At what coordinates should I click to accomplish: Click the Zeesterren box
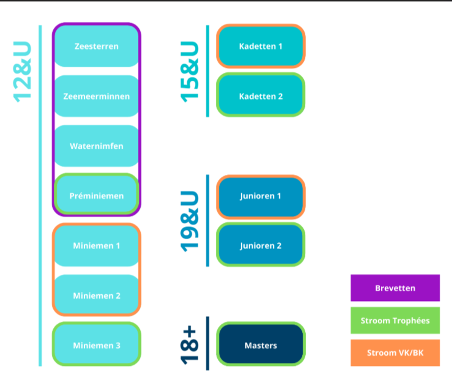tap(97, 46)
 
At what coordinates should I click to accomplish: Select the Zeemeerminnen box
tap(97, 96)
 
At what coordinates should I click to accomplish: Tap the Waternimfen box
tap(97, 146)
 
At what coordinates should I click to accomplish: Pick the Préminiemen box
tap(97, 196)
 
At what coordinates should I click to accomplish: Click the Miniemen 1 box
tap(97, 246)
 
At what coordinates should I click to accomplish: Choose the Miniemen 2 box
tap(97, 296)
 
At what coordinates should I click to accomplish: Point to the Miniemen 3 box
tap(97, 345)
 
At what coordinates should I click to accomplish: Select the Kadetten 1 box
tap(261, 46)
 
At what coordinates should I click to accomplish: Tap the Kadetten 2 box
tap(261, 96)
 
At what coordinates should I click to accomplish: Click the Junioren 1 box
tap(261, 196)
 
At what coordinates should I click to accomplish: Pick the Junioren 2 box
tap(261, 246)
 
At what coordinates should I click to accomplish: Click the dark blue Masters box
tap(261, 345)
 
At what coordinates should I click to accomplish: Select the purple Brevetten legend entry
tap(395, 288)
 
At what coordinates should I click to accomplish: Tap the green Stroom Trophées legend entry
tap(395, 321)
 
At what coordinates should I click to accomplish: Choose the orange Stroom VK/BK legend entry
tap(395, 353)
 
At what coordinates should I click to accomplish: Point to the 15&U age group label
tap(190, 71)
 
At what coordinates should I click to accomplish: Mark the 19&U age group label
tap(190, 221)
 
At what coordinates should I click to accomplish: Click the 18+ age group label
tap(190, 343)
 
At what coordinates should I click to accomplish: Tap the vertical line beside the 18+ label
tap(207, 343)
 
